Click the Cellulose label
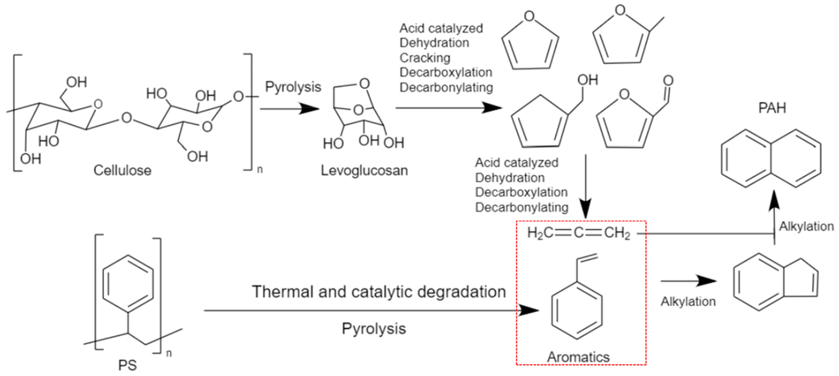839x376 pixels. coord(122,170)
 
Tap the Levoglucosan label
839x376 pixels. coord(364,170)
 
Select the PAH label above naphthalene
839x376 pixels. coord(772,108)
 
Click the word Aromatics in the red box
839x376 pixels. coord(578,357)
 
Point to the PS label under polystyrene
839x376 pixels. coord(127,365)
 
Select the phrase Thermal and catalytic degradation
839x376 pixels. coord(379,292)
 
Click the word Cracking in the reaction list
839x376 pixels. coord(425,58)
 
